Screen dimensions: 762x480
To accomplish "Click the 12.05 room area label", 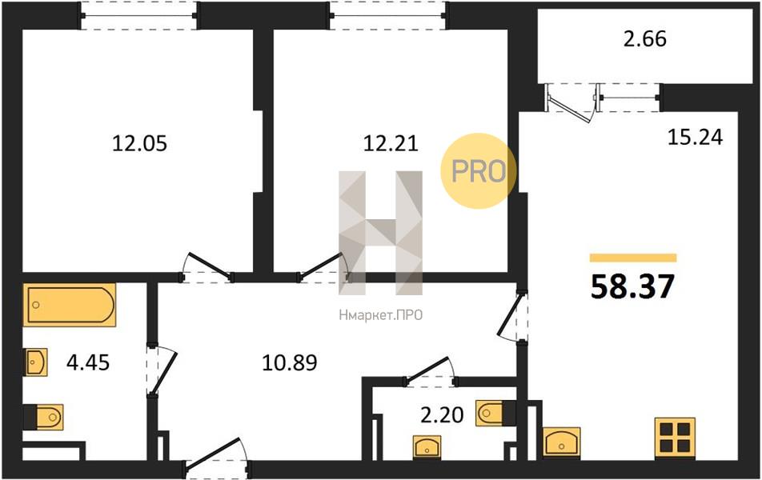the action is click(139, 143).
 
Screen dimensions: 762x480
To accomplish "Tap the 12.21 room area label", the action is click(391, 143).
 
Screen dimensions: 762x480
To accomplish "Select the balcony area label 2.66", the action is click(645, 39).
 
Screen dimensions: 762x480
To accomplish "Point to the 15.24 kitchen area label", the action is click(695, 137).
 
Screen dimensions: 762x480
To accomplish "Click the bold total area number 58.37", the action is click(632, 286).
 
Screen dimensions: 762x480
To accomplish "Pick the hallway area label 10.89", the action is click(290, 362).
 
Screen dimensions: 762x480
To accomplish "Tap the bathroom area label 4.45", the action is click(88, 362).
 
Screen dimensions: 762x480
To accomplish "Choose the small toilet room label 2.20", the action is click(442, 415).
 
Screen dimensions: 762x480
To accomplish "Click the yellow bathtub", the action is click(70, 305).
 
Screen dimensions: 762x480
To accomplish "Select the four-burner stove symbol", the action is click(675, 438).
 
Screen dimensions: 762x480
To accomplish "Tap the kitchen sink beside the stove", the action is click(561, 442).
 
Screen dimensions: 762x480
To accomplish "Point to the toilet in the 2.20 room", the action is click(495, 413).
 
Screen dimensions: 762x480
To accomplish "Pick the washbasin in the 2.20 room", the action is click(427, 446).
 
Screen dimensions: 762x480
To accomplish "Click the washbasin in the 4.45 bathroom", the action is click(35, 362).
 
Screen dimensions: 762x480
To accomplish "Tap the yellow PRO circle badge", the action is click(478, 171).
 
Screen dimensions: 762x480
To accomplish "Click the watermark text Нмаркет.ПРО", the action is click(380, 315).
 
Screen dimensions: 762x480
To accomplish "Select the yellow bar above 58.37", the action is click(633, 258).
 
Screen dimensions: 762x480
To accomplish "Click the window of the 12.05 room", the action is click(138, 15).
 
